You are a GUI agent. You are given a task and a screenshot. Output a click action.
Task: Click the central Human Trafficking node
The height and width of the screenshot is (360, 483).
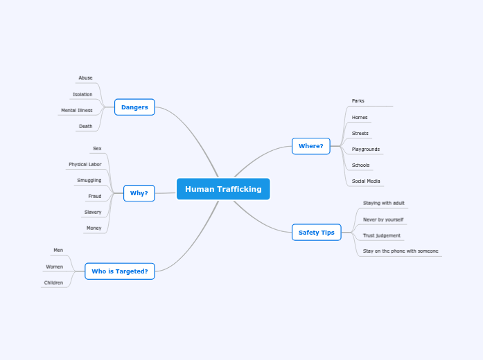tap(223, 189)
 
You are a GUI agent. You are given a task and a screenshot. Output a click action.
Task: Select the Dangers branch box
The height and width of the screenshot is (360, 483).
tap(134, 107)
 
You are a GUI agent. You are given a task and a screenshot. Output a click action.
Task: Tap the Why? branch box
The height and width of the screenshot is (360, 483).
tap(139, 193)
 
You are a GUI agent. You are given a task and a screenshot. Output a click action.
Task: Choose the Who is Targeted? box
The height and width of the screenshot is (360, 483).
tap(119, 271)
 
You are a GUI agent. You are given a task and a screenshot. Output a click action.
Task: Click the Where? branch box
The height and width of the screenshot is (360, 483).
tap(311, 146)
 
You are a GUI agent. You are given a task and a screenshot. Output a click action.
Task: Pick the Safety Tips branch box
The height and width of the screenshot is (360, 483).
tap(316, 233)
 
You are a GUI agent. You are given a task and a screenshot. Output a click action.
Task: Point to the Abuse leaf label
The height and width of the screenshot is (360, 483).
tap(85, 78)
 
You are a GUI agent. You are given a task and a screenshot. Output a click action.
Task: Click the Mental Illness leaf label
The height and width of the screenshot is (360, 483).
tap(76, 110)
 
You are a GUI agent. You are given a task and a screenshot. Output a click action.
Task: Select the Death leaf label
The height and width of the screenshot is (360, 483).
tap(85, 127)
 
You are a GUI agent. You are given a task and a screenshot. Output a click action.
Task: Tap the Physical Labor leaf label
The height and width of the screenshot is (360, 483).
tap(85, 165)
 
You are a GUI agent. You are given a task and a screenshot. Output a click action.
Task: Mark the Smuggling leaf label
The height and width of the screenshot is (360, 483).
tap(89, 181)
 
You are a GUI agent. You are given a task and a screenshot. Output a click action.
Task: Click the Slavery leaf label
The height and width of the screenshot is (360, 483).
tap(93, 213)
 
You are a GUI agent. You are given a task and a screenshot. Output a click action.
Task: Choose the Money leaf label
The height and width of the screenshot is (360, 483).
tap(94, 228)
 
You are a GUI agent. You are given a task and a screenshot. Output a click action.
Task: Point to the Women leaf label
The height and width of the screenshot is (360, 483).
tap(54, 267)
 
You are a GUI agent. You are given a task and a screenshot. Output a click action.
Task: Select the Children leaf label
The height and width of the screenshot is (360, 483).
tap(53, 282)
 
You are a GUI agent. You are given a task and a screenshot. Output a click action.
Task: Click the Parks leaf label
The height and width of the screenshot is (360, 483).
tap(358, 101)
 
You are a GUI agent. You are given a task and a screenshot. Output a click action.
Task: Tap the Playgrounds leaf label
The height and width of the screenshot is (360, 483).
tap(365, 150)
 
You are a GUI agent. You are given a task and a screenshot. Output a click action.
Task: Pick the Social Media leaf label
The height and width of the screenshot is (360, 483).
tap(365, 181)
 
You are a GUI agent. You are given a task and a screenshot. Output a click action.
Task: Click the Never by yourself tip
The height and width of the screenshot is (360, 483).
tap(383, 219)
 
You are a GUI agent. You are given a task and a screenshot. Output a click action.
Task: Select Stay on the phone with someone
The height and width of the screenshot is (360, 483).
tap(401, 251)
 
